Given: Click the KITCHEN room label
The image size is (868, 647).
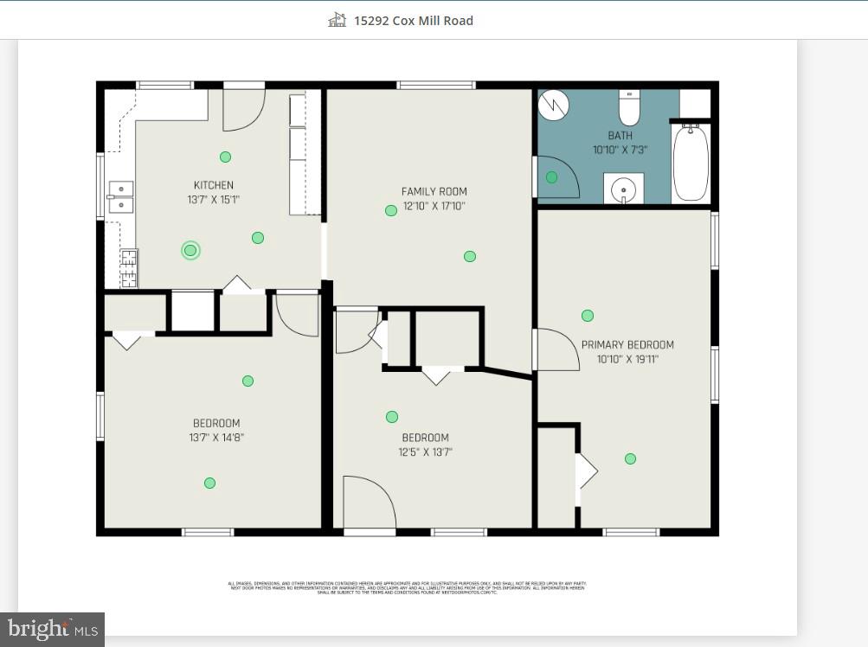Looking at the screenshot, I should (x=213, y=185).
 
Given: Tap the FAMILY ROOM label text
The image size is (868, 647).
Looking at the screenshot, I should (x=434, y=192).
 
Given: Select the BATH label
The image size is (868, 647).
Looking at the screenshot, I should (x=620, y=136).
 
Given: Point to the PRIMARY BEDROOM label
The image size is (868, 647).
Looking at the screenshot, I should (x=627, y=345).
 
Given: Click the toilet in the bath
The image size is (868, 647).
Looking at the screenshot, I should (x=629, y=109).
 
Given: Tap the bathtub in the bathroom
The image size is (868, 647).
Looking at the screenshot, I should (x=691, y=163).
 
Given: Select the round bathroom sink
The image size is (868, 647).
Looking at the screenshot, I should (x=622, y=188).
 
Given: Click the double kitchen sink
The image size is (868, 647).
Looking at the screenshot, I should (x=120, y=197).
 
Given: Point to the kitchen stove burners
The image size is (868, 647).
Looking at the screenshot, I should (x=128, y=267).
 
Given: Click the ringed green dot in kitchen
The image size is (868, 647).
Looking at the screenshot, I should (x=190, y=251).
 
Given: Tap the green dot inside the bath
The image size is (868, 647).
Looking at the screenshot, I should (x=551, y=177).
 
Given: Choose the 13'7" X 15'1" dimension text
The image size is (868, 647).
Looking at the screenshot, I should (x=213, y=200).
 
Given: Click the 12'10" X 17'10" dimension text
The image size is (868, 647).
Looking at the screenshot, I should (x=434, y=206).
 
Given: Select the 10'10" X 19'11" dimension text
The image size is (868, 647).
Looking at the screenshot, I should (x=627, y=359).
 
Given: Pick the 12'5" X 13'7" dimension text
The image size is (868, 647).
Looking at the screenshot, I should (x=425, y=452).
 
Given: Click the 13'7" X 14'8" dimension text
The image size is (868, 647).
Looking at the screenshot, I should (x=216, y=438).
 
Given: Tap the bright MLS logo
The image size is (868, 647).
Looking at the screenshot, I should (x=52, y=629).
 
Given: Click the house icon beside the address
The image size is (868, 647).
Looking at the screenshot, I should (x=338, y=20).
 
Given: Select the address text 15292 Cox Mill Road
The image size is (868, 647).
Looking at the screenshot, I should (x=413, y=21).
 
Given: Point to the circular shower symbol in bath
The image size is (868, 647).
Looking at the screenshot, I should (x=554, y=106).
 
